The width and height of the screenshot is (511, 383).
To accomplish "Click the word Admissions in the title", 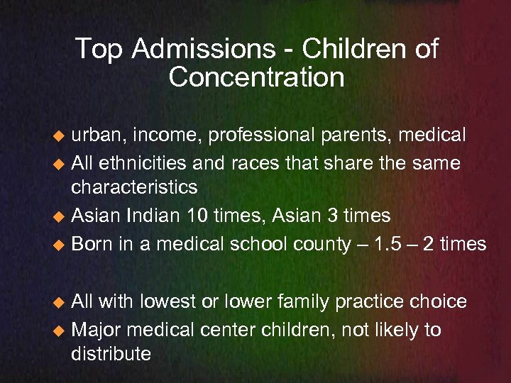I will (x=204, y=50).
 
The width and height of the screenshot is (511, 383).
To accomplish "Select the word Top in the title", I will (x=98, y=50).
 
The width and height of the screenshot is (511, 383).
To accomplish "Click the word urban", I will (x=99, y=135).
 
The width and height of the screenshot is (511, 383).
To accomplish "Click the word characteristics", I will (x=134, y=188).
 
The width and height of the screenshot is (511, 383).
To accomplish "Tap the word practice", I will (x=375, y=302).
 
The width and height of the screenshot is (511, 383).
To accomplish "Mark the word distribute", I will (x=111, y=354).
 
